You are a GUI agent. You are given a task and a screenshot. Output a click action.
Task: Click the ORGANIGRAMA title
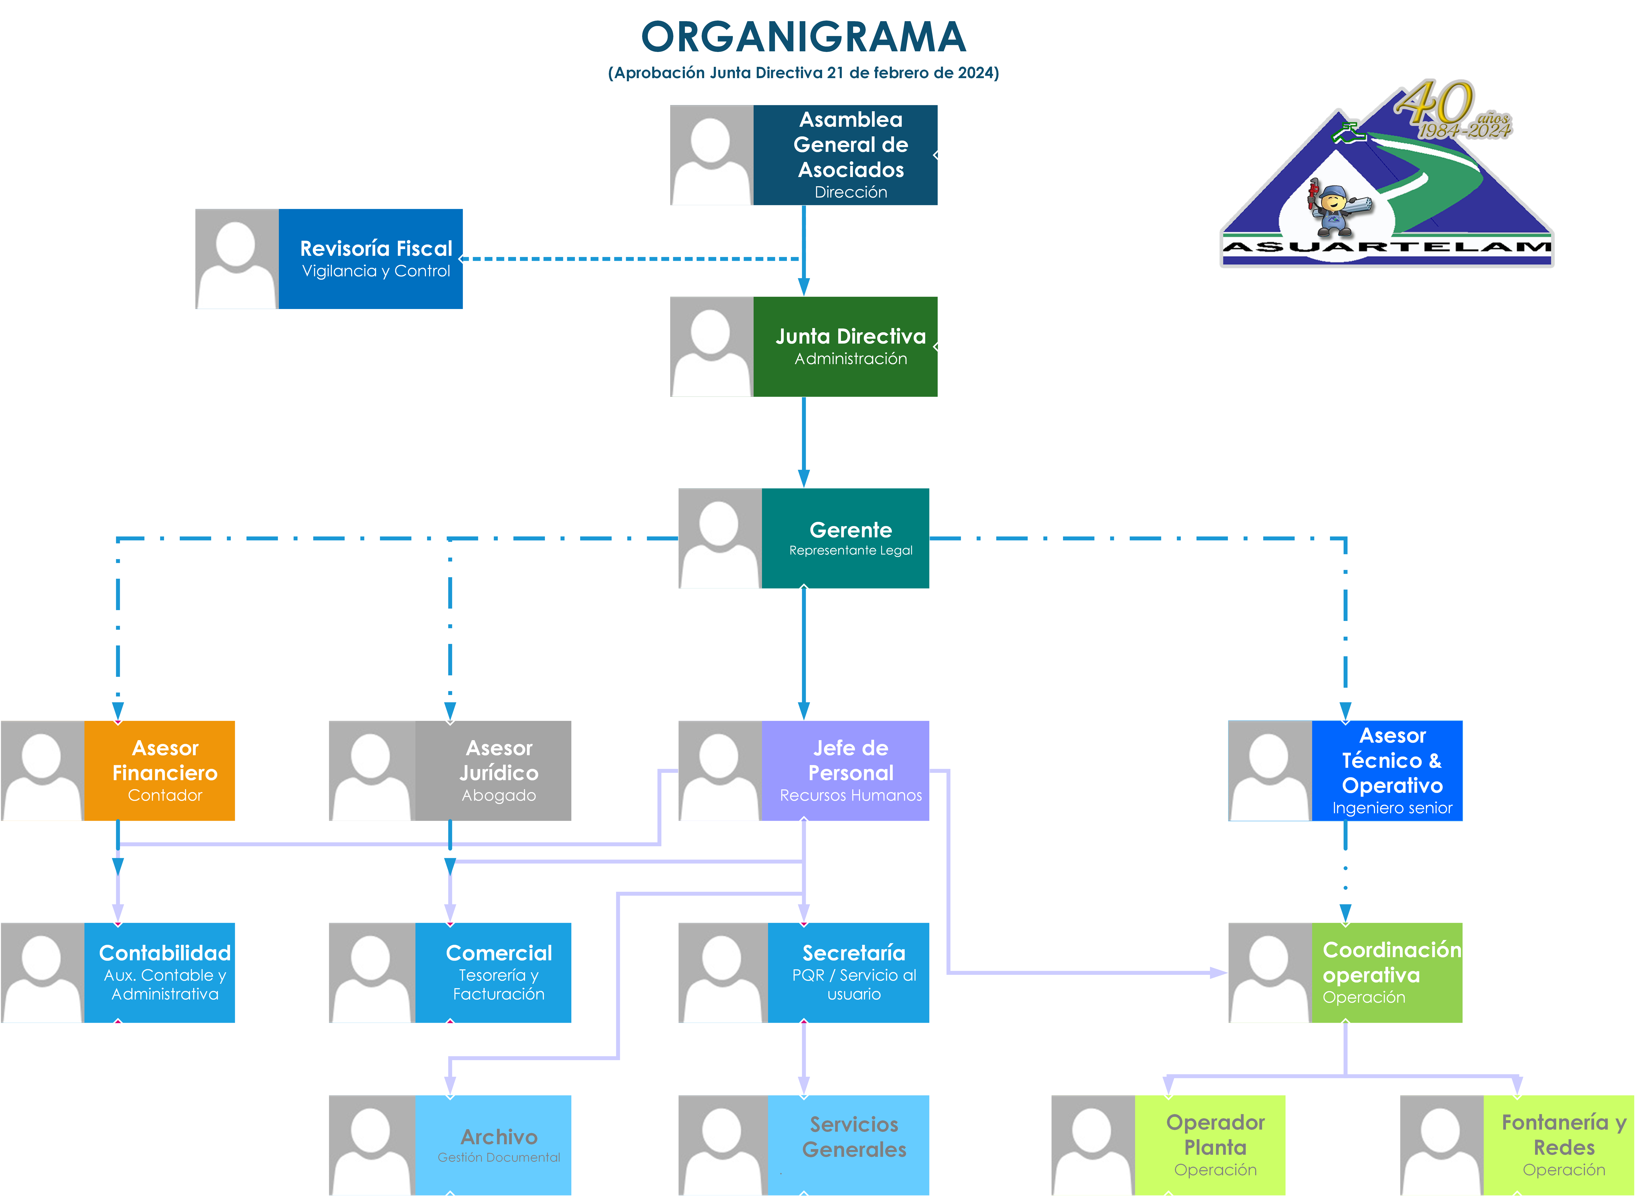(803, 38)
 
